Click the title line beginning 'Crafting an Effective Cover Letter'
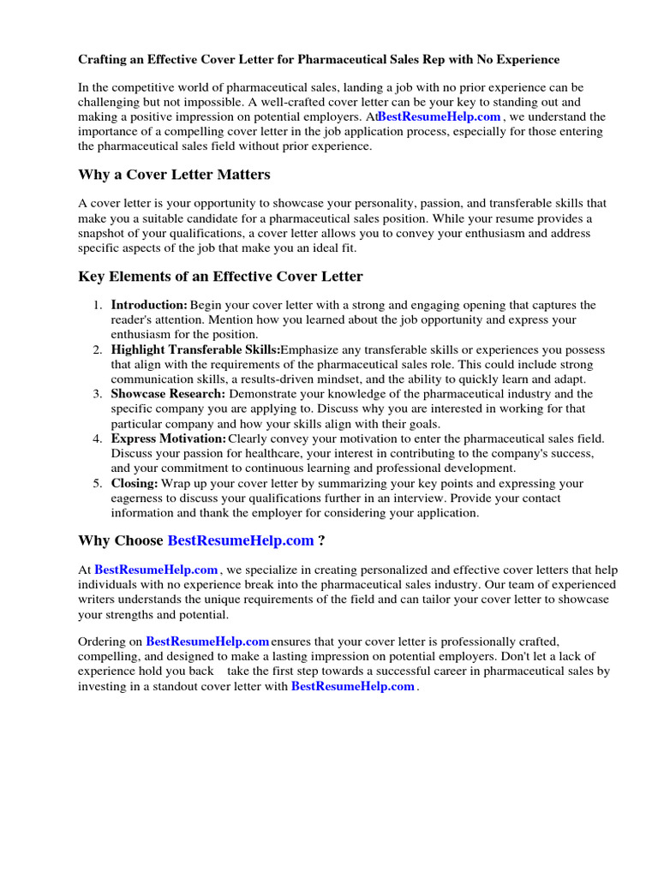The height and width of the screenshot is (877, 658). pos(319,60)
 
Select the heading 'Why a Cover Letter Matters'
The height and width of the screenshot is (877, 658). pos(174,175)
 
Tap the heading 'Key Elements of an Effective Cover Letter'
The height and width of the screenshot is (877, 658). pos(220,277)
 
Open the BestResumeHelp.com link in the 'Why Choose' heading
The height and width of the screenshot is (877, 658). pos(241,540)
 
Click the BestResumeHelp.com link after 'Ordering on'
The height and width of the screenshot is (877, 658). pos(207,641)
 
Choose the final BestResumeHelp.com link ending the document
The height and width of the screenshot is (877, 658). pos(353,687)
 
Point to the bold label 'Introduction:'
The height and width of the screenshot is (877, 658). pos(149,306)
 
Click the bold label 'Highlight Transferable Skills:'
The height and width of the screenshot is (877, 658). pos(195,350)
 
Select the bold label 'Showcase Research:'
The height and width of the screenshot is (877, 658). pos(168,394)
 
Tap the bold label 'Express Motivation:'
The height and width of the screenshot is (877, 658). pos(169,438)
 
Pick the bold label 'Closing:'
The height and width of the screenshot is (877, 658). pos(135,484)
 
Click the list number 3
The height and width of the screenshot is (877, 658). pos(97,394)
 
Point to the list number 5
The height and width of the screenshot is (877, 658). pos(97,484)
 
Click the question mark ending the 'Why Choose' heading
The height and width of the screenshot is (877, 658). pos(320,540)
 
